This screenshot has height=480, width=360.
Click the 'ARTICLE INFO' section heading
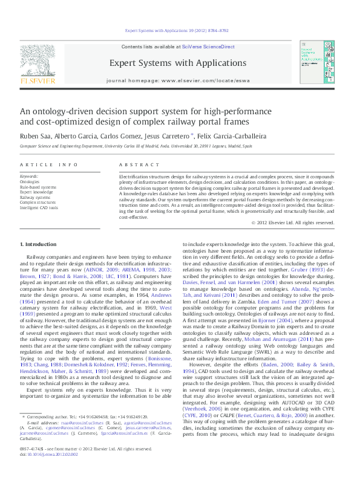[x=48, y=165]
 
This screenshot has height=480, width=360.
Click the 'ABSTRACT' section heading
[x=134, y=165]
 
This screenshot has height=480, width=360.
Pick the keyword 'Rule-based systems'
[x=38, y=187]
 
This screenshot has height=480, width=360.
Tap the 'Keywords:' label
[x=29, y=176]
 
